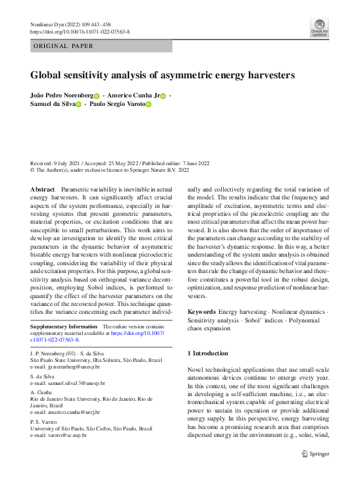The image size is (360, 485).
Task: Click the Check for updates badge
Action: pos(319,27)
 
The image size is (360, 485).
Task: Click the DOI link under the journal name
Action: pos(80,31)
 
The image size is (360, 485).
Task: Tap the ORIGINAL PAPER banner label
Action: pos(63,46)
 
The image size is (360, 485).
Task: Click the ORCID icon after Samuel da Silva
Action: pos(78,105)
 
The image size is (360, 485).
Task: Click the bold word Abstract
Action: pos(43,189)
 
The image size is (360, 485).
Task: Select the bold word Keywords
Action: pos(201,311)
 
